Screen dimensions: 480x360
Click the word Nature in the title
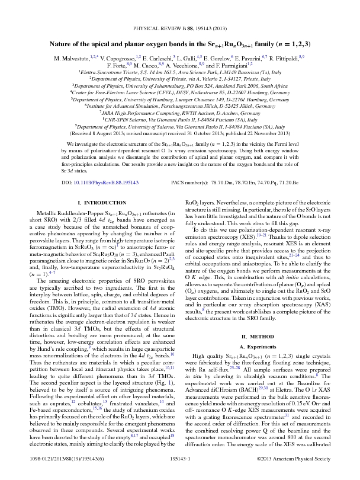point(63,44)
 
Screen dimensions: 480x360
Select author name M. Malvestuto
point(75,59)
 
